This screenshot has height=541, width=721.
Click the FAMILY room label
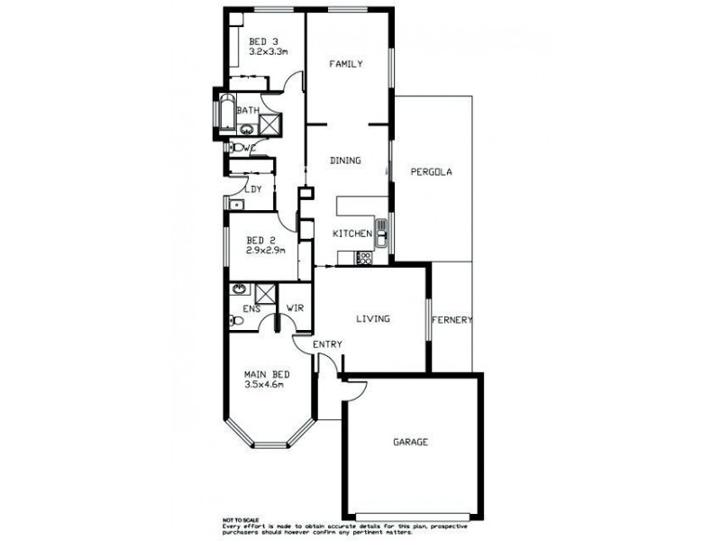pos(345,64)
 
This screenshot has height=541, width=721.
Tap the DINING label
pos(345,160)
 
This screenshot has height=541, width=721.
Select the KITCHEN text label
pos(352,234)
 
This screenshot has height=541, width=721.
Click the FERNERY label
pos(452,320)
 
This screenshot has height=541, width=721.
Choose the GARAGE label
pos(410,442)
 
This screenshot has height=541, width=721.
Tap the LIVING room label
pos(372,318)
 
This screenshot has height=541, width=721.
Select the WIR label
pos(294,308)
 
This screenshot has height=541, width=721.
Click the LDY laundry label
pos(253,189)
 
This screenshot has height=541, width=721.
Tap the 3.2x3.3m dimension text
pos(268,52)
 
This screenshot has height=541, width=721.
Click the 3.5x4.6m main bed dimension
pos(264,385)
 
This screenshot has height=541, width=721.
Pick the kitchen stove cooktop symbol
pos(365,259)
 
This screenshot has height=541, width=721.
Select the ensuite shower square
pos(266,292)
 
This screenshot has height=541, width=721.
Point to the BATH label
pos(248,111)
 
